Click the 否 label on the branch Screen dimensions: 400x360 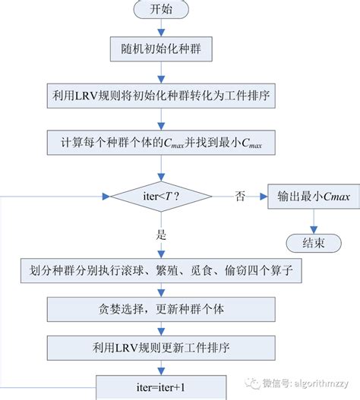pyautogui.click(x=240, y=197)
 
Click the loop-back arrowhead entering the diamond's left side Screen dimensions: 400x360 pyautogui.click(x=104, y=197)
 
